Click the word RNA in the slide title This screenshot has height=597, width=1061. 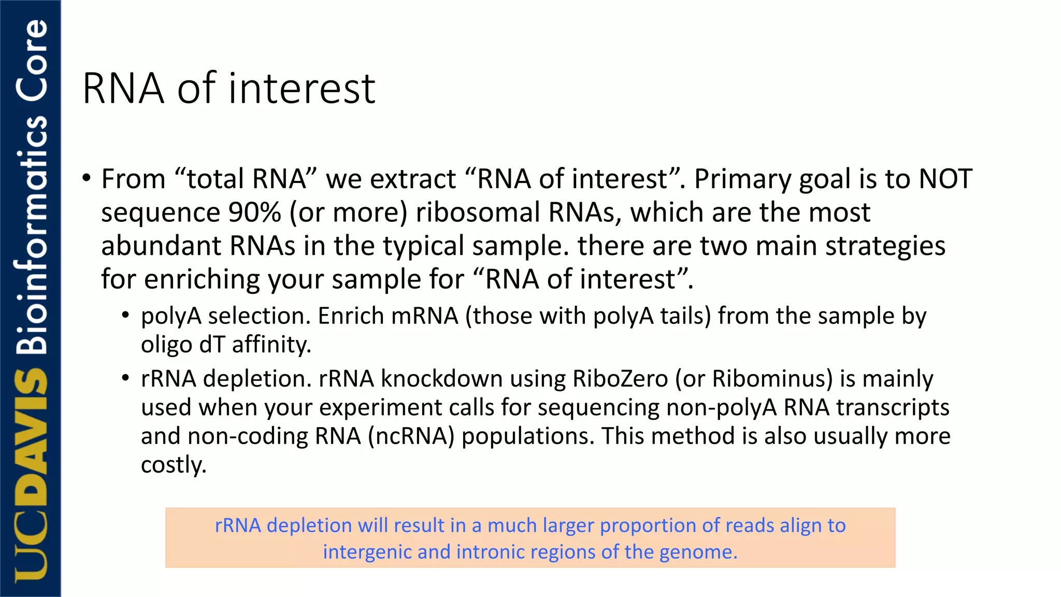coord(123,89)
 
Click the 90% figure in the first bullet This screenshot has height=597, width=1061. coord(254,212)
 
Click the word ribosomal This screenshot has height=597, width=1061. coord(478,212)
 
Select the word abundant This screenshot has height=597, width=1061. coord(161,246)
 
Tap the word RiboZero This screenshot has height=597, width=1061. coord(620,379)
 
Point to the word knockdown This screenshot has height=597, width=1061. coord(441,379)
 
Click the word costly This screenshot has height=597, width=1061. coord(174,465)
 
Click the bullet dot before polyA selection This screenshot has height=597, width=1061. coord(125,315)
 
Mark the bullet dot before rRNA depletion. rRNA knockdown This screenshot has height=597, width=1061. coord(125,378)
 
